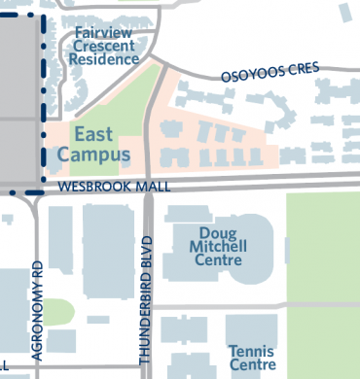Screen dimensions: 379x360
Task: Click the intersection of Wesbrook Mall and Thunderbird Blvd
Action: (149, 185)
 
